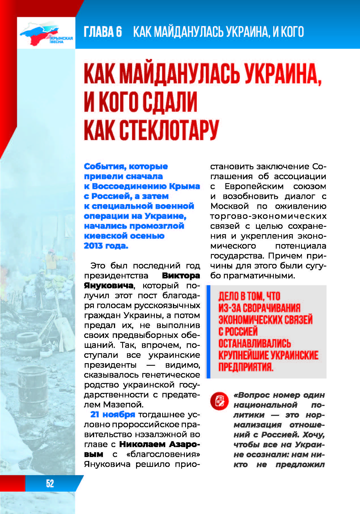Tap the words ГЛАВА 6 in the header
coord(103,31)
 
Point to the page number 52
coord(50,483)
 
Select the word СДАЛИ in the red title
coord(170,101)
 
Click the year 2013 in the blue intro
coord(93,246)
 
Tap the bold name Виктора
coord(181,276)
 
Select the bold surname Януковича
coord(109,285)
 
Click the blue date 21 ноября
coord(113,414)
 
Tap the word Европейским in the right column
coord(254,186)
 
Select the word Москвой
coord(229,206)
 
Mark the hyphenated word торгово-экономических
coord(268,216)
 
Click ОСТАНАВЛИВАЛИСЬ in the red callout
coord(254,343)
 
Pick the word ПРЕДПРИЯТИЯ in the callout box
coord(245,367)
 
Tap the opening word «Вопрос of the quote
coord(253,395)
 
